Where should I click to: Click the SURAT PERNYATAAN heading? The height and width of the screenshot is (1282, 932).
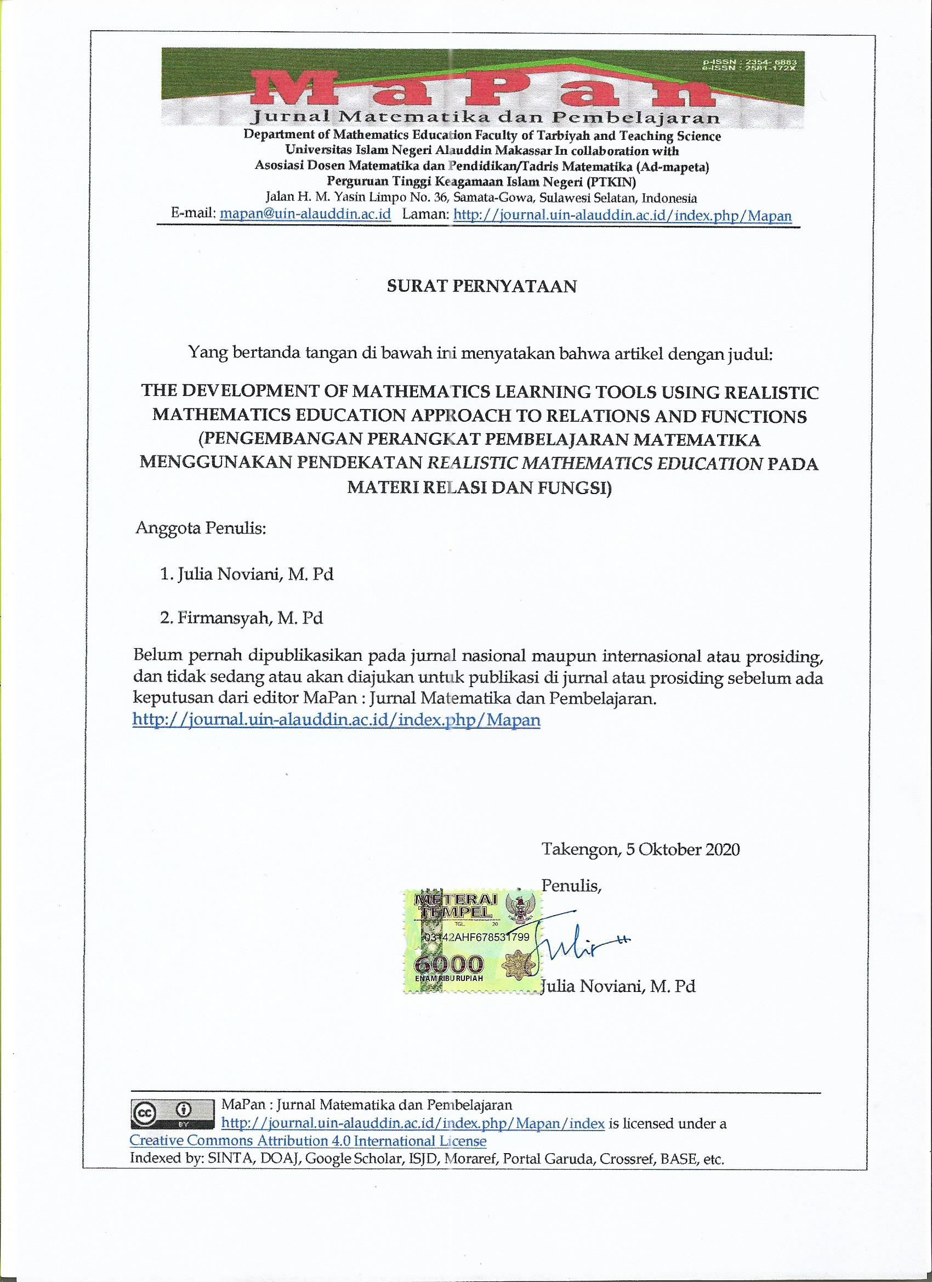(x=481, y=286)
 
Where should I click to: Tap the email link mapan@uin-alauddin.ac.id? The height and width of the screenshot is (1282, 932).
(x=305, y=215)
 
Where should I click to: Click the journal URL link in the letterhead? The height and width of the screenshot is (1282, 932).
(x=622, y=215)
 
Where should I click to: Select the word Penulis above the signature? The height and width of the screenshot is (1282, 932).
(x=571, y=885)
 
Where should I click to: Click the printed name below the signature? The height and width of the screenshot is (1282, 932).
(x=618, y=986)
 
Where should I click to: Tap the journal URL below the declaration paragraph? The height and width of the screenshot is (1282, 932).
(x=336, y=719)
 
